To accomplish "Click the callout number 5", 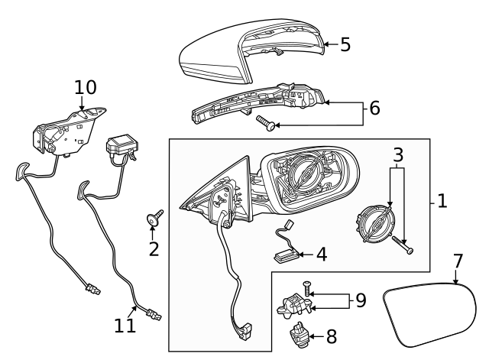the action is point(345,44).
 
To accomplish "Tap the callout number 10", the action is point(86,87).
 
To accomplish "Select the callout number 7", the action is point(458,261).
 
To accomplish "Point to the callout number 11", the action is point(125,326).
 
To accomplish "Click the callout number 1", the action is point(442,200).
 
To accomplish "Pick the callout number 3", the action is point(398,155).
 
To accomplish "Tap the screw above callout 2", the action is point(155,217).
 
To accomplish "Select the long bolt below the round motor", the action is point(403,245).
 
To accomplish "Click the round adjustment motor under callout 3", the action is point(376,223).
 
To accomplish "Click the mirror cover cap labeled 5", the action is point(252,51).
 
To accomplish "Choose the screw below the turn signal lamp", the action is point(266,122).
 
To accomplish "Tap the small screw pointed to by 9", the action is point(306,289).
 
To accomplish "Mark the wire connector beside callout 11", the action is point(154,314).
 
